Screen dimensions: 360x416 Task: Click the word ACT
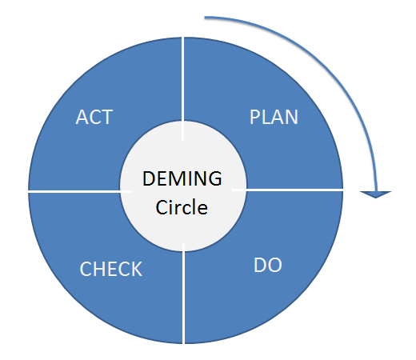94,117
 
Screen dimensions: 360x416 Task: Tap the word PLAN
274,117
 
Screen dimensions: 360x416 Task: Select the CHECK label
111,269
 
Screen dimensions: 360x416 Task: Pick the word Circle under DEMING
182,207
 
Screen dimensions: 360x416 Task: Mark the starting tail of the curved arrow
207,16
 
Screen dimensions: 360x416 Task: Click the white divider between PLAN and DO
292,190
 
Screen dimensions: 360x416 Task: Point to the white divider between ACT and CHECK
76,191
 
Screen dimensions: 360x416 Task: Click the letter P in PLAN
254,117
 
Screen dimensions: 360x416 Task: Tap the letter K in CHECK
136,269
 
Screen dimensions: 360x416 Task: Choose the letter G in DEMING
214,178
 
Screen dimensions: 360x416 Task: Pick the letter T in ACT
106,117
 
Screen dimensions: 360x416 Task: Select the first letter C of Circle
162,207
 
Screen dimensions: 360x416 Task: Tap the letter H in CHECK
99,269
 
